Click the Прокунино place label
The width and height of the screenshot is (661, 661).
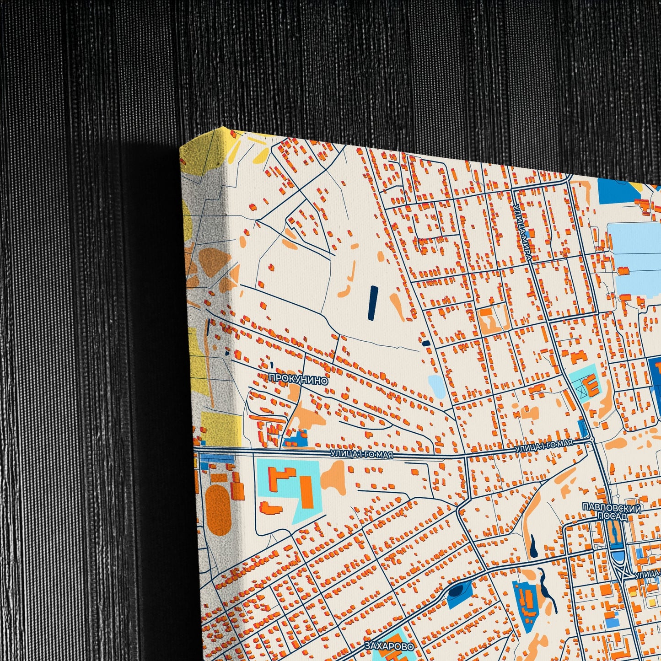[298, 380]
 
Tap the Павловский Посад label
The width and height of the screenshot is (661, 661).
[612, 511]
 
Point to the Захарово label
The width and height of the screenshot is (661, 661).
[389, 646]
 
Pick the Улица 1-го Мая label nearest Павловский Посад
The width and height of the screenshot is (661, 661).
[543, 446]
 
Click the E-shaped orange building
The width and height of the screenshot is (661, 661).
[592, 385]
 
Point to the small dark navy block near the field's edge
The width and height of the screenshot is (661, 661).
[426, 343]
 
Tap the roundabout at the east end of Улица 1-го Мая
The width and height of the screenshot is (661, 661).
[592, 439]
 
